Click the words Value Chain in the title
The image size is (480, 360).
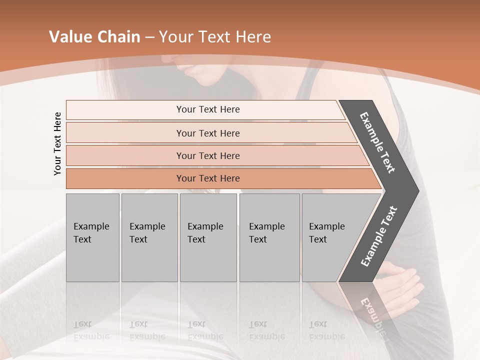pyautogui.click(x=94, y=37)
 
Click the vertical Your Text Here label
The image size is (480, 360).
pyautogui.click(x=58, y=143)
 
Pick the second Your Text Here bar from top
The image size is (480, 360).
pyautogui.click(x=208, y=133)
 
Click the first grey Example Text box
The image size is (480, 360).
pyautogui.click(x=92, y=237)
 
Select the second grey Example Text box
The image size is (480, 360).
pyautogui.click(x=149, y=237)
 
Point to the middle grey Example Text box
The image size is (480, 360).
pyautogui.click(x=208, y=237)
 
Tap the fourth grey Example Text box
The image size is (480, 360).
pyautogui.click(x=269, y=237)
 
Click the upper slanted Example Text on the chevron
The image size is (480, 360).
pyautogui.click(x=377, y=142)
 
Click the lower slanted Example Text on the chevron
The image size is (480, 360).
pyautogui.click(x=378, y=236)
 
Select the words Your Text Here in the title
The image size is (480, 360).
pyautogui.click(x=215, y=37)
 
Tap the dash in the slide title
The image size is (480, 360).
pyautogui.click(x=149, y=37)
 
